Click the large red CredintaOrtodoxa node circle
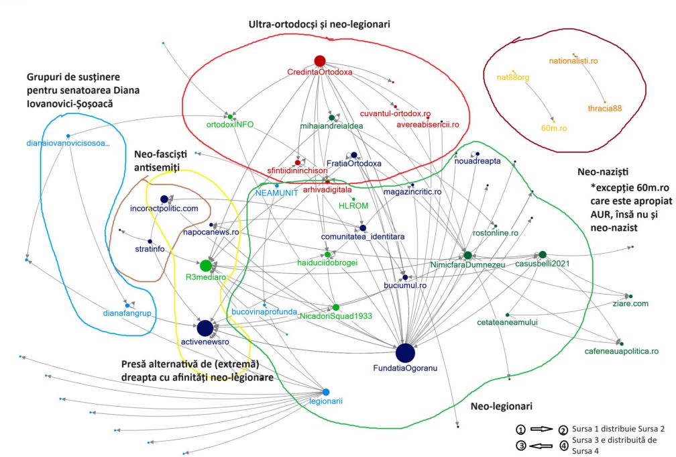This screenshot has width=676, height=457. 319,61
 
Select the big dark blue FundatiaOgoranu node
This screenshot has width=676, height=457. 405,352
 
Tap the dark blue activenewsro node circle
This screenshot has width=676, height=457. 205,328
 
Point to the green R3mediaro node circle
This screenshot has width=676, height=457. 206,266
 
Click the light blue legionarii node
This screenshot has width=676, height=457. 326,392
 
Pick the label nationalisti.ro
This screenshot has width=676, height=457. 573,61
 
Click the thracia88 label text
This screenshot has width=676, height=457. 605,109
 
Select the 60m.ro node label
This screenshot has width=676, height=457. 554,127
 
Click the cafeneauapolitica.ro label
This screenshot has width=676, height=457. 621,351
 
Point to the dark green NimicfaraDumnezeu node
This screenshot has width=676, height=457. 467,255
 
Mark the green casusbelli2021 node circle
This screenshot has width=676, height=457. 543,255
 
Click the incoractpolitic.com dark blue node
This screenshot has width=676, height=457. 164,199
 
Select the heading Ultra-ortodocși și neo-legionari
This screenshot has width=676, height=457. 319,24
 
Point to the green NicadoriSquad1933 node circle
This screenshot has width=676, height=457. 336,307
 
